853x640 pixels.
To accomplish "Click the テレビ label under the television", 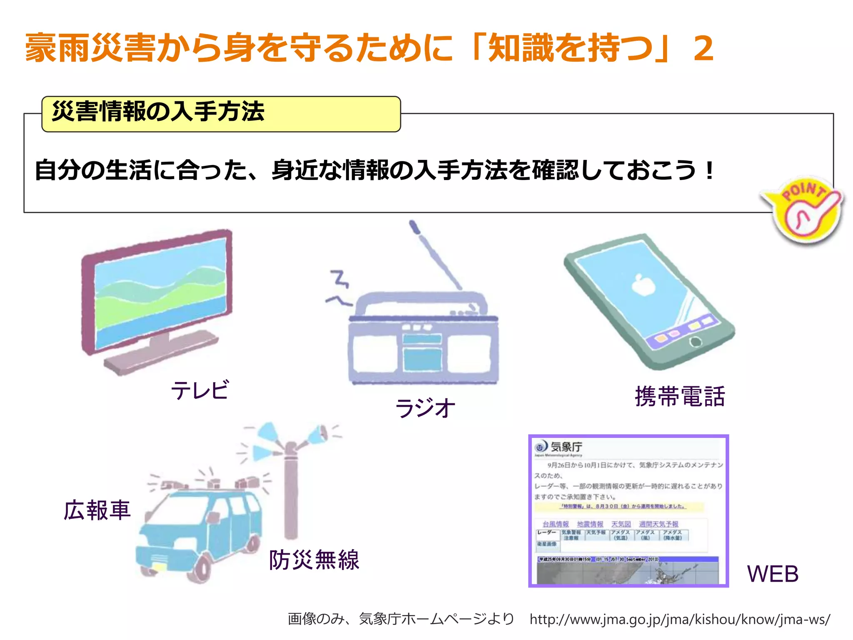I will tap(200, 390).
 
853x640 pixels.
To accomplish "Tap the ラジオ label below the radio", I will tap(425, 407).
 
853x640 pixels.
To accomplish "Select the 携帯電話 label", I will tap(680, 396).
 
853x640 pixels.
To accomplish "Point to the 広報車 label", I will tap(97, 510).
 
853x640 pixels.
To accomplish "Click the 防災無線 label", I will tap(314, 560).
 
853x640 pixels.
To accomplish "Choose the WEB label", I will tap(773, 574).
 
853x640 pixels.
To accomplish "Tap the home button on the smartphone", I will tap(696, 342).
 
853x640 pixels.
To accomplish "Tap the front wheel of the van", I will tap(202, 568).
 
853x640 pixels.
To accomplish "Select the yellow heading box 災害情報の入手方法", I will tap(221, 114).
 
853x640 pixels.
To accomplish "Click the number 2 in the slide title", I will tap(703, 49).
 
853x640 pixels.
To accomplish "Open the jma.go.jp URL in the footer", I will tap(680, 619).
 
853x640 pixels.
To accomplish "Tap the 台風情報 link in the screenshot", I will tap(555, 524).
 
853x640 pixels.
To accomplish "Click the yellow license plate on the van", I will tap(158, 567).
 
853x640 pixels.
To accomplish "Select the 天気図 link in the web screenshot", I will tap(621, 524).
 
